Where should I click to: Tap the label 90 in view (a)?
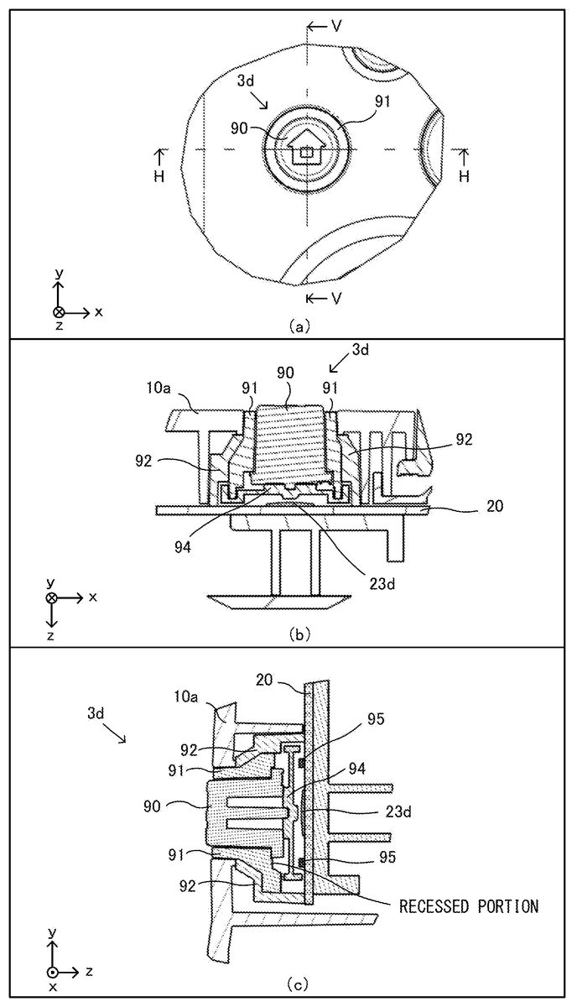(240, 128)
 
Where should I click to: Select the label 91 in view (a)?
(382, 102)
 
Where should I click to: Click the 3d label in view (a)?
(246, 81)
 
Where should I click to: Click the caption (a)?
(299, 326)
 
